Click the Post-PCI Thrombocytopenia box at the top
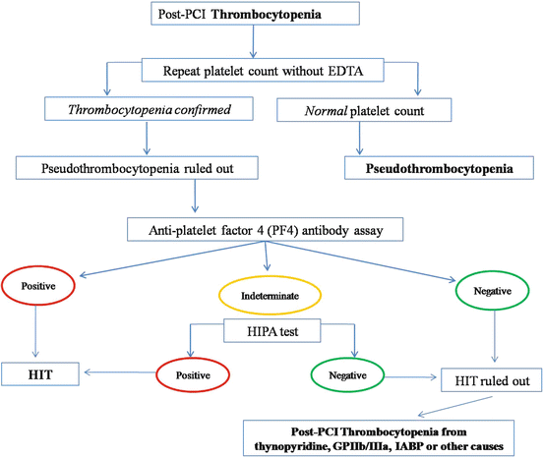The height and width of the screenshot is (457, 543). point(255,15)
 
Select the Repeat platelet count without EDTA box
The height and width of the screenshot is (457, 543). point(255,70)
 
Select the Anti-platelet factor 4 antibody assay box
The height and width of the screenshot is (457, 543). point(254,231)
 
